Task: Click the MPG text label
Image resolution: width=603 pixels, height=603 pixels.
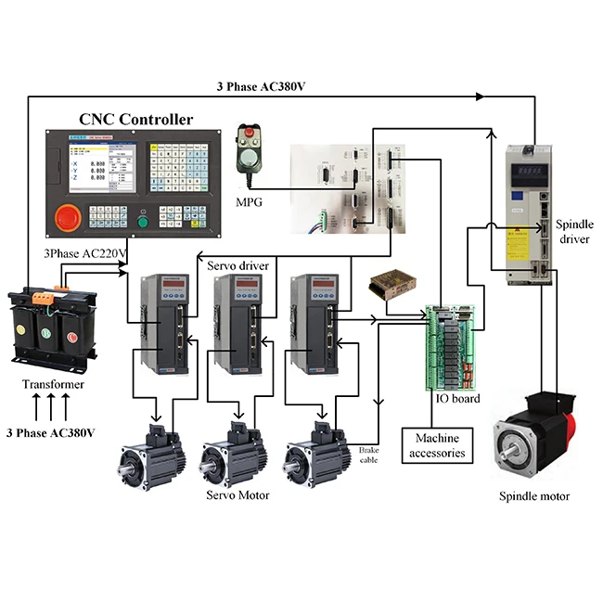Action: pyautogui.click(x=248, y=200)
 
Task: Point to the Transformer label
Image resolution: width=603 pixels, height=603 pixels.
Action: pyautogui.click(x=54, y=385)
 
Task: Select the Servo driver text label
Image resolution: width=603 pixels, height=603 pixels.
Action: pyautogui.click(x=237, y=265)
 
